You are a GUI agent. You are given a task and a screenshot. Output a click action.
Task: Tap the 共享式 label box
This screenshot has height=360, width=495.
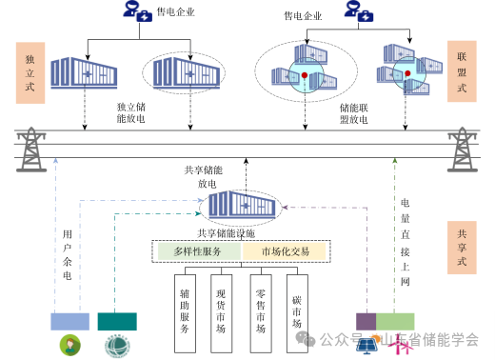461,245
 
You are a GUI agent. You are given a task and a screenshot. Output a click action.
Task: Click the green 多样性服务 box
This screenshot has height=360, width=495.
197,251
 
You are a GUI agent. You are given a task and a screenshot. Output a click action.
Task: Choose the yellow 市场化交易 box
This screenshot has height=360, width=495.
285,251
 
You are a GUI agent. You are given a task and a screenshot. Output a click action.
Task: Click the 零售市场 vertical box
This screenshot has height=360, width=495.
260,310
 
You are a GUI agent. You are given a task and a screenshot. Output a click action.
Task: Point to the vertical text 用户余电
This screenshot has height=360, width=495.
67,254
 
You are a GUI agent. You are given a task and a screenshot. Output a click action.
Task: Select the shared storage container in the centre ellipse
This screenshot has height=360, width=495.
240,204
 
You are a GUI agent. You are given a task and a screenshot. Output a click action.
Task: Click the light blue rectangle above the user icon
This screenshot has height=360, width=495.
70,321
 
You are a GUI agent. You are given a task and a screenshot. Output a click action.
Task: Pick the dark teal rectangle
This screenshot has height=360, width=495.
117,321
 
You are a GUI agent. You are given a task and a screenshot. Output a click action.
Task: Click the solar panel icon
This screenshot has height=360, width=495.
366,345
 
